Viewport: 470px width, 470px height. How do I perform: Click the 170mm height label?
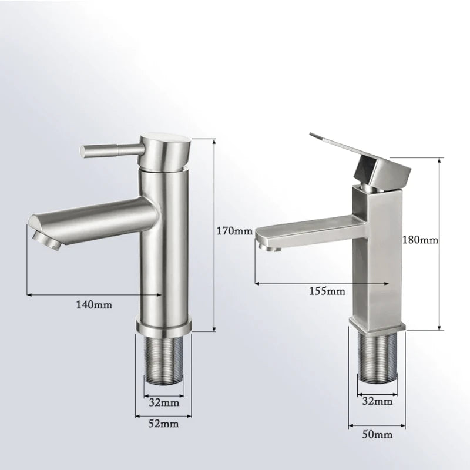[x=234, y=231]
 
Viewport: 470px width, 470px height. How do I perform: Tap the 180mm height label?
[x=420, y=240]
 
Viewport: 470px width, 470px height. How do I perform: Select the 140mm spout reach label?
[x=94, y=304]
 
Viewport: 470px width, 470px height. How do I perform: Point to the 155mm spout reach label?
[x=327, y=291]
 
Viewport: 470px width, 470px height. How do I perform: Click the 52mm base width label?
[x=163, y=423]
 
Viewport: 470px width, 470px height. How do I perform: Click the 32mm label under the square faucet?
[x=376, y=401]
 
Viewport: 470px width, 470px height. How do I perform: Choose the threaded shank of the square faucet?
[x=377, y=355]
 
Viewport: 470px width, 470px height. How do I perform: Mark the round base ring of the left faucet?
[x=164, y=325]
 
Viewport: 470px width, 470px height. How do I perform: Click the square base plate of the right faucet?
[x=377, y=323]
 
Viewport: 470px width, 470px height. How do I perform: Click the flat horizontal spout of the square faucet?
[x=305, y=229]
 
